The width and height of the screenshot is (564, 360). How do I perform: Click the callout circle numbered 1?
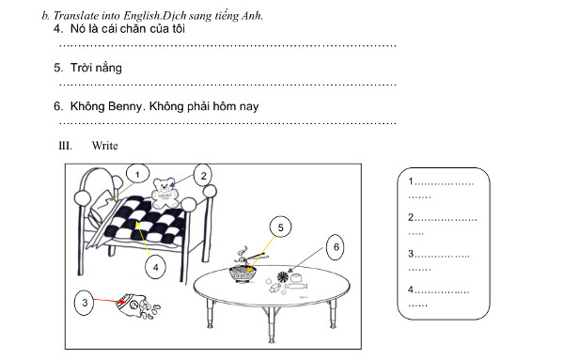pos(137,175)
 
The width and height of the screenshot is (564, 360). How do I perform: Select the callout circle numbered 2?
pos(202,174)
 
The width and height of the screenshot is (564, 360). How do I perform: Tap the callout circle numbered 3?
pos(86,303)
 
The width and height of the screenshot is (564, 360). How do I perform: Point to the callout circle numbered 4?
pos(155,267)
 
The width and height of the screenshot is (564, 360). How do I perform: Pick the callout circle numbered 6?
pos(336,246)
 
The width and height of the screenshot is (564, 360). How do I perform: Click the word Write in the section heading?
pos(104,146)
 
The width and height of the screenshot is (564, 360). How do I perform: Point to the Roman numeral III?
pos(65,146)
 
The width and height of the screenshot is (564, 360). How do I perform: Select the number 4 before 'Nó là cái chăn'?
pos(58,30)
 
